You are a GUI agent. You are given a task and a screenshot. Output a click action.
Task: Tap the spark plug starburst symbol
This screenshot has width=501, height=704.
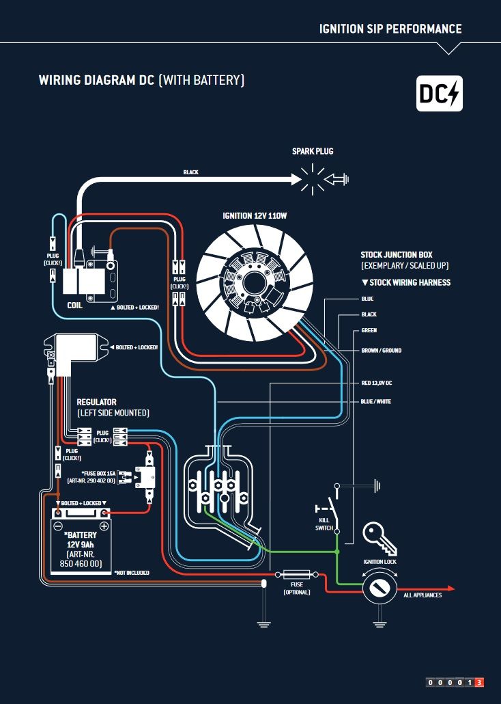tap(313, 179)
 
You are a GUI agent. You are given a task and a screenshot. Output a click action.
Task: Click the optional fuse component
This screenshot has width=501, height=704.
tap(296, 574)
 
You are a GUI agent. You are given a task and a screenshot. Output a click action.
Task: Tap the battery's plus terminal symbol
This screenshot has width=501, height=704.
tap(104, 526)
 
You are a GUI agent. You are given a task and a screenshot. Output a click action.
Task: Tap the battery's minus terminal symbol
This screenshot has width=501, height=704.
tap(59, 526)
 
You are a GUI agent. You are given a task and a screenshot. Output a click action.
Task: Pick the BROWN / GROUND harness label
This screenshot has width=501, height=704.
tap(381, 351)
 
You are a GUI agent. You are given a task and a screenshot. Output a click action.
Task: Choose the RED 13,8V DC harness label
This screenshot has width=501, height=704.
tap(376, 383)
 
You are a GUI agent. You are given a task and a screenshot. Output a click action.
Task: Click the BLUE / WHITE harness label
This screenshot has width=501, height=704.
tap(376, 401)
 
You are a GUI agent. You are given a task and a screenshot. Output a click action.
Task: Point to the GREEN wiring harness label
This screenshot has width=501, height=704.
tap(369, 331)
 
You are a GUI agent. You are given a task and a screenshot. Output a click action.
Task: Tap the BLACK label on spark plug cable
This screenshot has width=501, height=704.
tap(190, 172)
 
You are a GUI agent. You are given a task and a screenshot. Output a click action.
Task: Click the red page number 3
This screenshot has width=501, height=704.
tap(479, 682)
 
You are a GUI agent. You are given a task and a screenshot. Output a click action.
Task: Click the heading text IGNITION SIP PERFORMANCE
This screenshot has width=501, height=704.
tap(390, 29)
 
